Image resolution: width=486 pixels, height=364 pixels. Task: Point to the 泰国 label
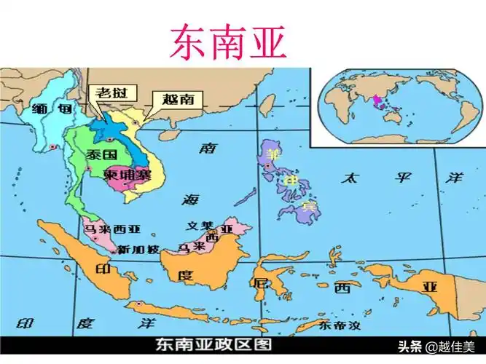[98, 155]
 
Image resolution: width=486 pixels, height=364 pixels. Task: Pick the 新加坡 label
[138, 249]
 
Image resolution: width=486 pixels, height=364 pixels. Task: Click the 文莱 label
[199, 226]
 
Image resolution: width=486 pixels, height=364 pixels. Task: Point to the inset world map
[397, 106]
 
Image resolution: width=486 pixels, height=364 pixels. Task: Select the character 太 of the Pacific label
[351, 177]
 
